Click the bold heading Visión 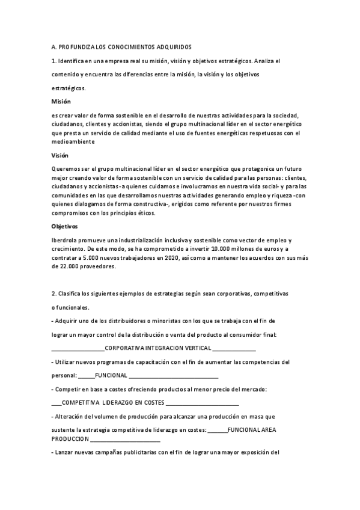pos(60,155)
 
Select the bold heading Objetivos pos(65,226)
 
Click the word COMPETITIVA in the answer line pos(82,402)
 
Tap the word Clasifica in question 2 pos(71,293)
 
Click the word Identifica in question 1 pos(73,61)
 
